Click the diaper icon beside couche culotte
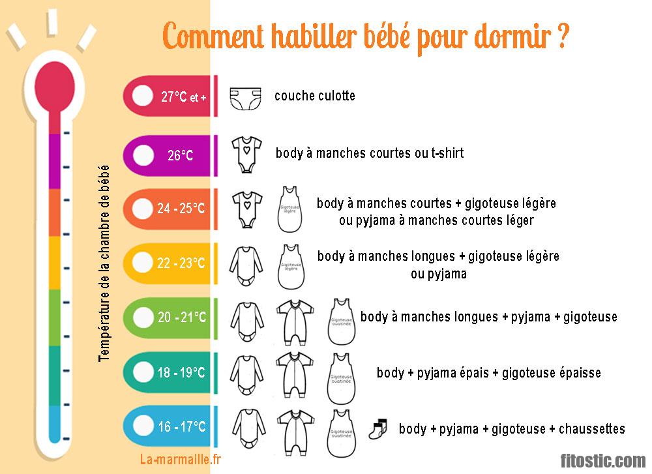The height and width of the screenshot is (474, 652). pyautogui.click(x=245, y=97)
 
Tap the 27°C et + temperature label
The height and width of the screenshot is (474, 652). pyautogui.click(x=183, y=97)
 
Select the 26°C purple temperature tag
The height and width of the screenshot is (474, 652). pyautogui.click(x=180, y=155)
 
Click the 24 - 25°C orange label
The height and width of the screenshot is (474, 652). pyautogui.click(x=181, y=209)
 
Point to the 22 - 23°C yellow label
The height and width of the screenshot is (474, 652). pyautogui.click(x=181, y=263)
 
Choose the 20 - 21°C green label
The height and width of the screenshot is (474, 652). pyautogui.click(x=181, y=318)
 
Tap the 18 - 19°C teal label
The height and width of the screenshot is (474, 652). pyautogui.click(x=181, y=373)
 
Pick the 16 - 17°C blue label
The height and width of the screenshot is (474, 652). pyautogui.click(x=181, y=427)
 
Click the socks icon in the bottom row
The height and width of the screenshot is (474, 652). pyautogui.click(x=378, y=428)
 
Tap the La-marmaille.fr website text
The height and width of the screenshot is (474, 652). pyautogui.click(x=181, y=459)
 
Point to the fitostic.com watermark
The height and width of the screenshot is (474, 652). pyautogui.click(x=604, y=460)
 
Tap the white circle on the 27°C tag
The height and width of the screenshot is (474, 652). pyautogui.click(x=141, y=96)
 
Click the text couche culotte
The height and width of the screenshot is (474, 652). pyautogui.click(x=315, y=96)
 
